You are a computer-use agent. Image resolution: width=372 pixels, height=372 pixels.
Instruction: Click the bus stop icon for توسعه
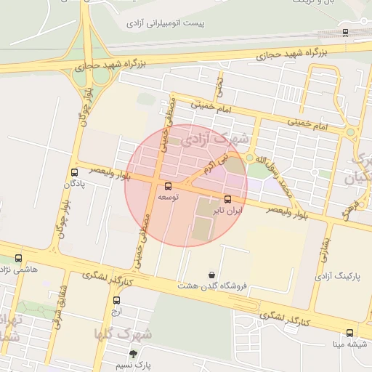[x=169, y=186]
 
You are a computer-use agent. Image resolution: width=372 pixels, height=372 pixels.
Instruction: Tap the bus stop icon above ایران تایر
[x=228, y=199]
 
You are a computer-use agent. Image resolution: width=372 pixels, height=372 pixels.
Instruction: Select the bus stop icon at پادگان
[x=74, y=172]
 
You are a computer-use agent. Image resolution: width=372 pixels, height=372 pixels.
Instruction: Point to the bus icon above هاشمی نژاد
[x=18, y=258]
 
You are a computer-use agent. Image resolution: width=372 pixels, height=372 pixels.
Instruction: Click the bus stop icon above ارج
[x=117, y=299]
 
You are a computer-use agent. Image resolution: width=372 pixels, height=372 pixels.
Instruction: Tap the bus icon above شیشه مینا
[x=349, y=333]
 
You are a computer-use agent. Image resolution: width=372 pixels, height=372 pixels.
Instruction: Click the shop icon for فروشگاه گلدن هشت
[x=211, y=275]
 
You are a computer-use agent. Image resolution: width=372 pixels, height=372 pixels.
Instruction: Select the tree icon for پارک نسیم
[x=133, y=354]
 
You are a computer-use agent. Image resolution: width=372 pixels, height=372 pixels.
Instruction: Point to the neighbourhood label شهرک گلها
[x=124, y=333]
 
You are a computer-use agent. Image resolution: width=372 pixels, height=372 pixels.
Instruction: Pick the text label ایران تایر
[x=228, y=211]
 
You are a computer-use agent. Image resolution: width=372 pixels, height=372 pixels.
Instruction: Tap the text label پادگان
[x=74, y=185]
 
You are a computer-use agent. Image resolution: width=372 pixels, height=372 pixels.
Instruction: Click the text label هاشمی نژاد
[x=19, y=270]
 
